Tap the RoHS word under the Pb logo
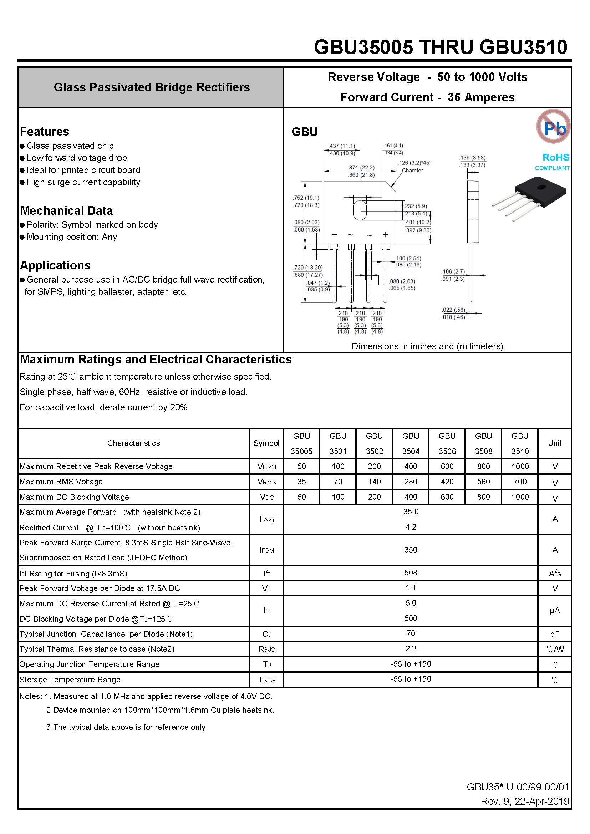tap(555, 157)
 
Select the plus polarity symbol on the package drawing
tap(386, 235)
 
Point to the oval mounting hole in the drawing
tap(360, 210)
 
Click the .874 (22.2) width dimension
tap(361, 167)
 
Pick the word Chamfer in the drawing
tap(412, 171)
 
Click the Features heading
tap(44, 132)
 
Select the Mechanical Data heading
tap(66, 211)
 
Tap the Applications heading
tap(55, 265)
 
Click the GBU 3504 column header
tap(411, 443)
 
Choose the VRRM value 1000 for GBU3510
tap(520, 466)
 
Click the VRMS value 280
tap(411, 482)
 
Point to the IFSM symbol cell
tap(266, 550)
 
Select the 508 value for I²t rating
tap(411, 573)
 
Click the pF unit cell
tap(554, 634)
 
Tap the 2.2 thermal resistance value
tap(411, 649)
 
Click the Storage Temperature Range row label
tap(70, 680)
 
